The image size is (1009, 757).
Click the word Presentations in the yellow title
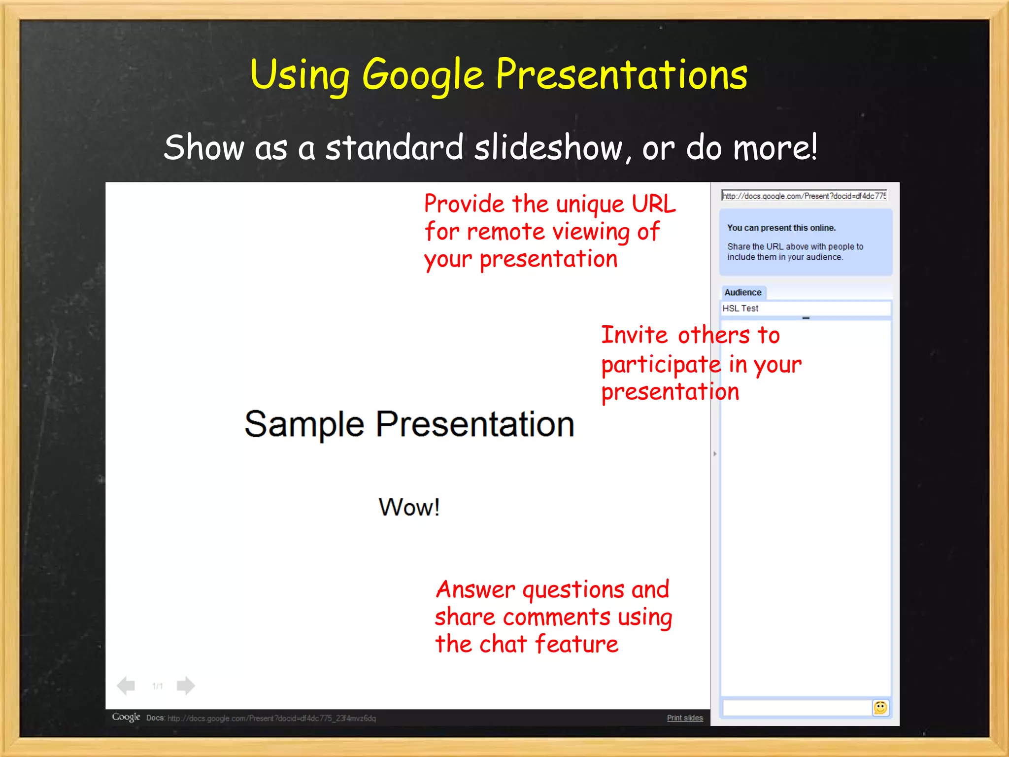(x=621, y=74)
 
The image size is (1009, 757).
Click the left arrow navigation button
(x=126, y=686)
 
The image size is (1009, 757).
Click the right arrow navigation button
(x=185, y=686)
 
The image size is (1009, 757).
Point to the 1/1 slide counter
(x=157, y=686)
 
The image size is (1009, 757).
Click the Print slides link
(x=685, y=718)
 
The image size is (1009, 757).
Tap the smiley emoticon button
(x=880, y=708)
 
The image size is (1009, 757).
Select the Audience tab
(x=743, y=292)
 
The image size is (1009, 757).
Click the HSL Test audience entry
(x=740, y=309)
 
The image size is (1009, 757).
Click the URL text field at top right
(x=804, y=196)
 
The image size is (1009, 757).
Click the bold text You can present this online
(x=781, y=228)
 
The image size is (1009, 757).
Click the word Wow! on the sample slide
(x=409, y=507)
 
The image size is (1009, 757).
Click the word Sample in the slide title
(x=304, y=424)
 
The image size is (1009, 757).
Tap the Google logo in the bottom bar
(x=126, y=717)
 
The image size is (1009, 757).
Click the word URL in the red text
(x=654, y=204)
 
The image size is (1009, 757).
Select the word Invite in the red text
(x=634, y=335)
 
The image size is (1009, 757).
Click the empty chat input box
(x=796, y=708)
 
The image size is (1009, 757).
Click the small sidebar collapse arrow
(x=714, y=453)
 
